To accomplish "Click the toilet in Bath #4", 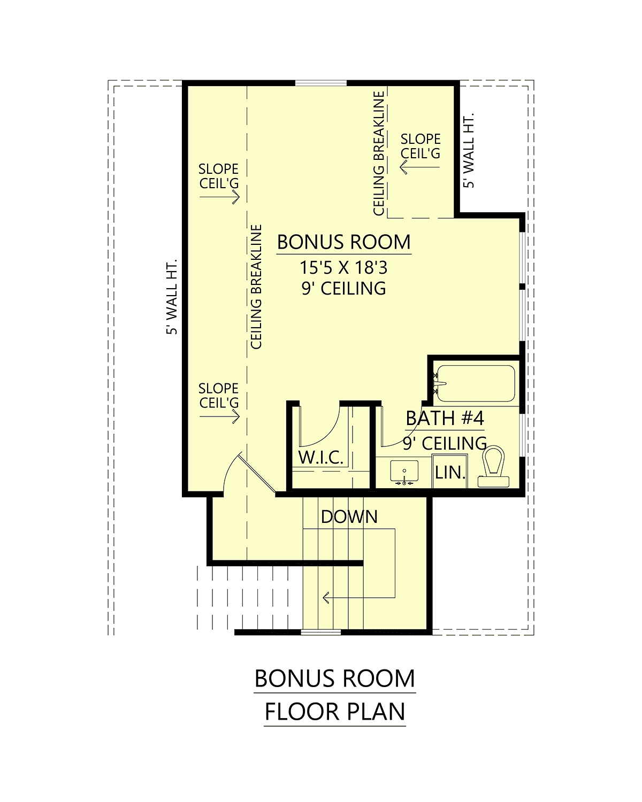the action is coord(493,466).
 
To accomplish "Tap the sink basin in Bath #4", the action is coord(404,471).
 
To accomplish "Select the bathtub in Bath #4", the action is coord(476,383).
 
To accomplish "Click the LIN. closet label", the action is coord(450,473).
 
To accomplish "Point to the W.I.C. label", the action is coord(321,457).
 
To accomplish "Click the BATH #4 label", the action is coord(445,418).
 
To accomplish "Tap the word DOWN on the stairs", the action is coord(349,517).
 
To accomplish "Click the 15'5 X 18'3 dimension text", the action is coord(343,267).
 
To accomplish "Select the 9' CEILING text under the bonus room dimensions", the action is coord(343,288).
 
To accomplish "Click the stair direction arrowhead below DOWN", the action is coord(326,598).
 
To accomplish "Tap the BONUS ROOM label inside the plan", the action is coord(343,242).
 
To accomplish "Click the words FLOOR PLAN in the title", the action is coord(334,712).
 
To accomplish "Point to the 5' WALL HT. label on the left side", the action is coord(172,297).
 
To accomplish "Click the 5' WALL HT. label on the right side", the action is coord(469,150).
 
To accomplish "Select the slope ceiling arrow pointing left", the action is coord(419,167).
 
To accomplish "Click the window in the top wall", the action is coord(321,83).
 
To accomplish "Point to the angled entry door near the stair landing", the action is coord(257,472).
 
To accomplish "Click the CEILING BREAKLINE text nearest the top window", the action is coord(379,153).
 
